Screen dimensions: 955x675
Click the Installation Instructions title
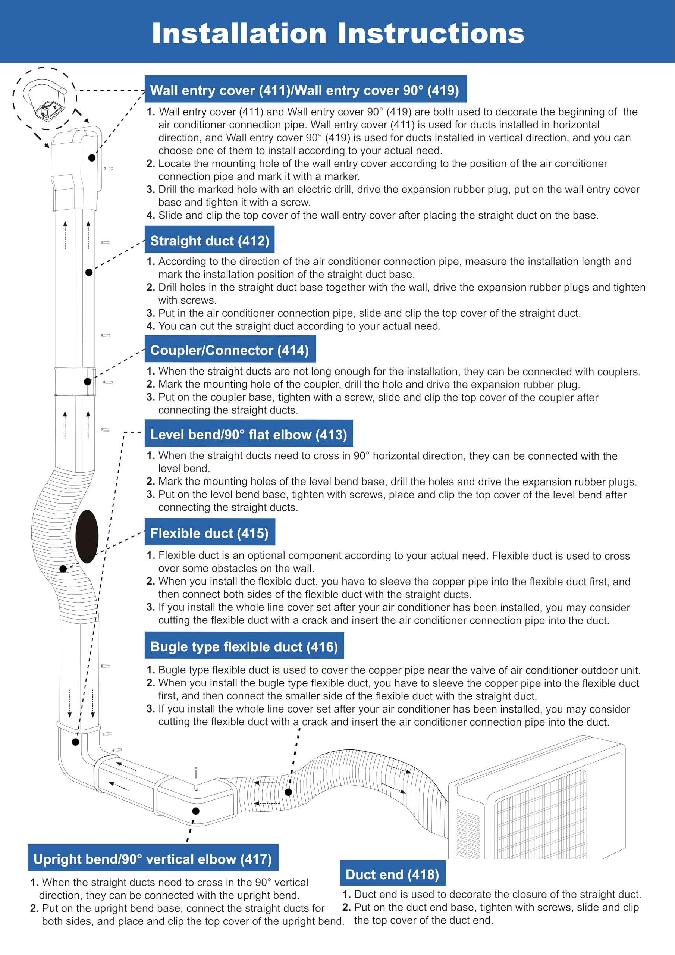tap(338, 33)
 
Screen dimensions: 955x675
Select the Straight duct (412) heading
tap(209, 241)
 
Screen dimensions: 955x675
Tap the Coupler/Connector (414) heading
tap(230, 350)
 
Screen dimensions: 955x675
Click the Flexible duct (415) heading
tap(209, 533)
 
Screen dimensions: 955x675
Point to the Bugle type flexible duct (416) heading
tap(244, 647)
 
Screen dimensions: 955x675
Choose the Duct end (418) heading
tap(392, 874)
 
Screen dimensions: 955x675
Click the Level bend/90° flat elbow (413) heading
tap(248, 435)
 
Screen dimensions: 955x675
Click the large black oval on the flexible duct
tap(87, 536)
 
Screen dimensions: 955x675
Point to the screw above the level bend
tap(196, 773)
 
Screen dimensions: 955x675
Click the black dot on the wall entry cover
tap(92, 158)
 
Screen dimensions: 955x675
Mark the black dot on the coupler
tap(87, 381)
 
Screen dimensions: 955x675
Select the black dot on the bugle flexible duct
tap(288, 792)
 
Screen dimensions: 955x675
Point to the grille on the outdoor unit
tap(541, 815)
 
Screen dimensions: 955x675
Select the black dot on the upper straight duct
tap(89, 272)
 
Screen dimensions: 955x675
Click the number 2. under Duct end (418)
tap(346, 907)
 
